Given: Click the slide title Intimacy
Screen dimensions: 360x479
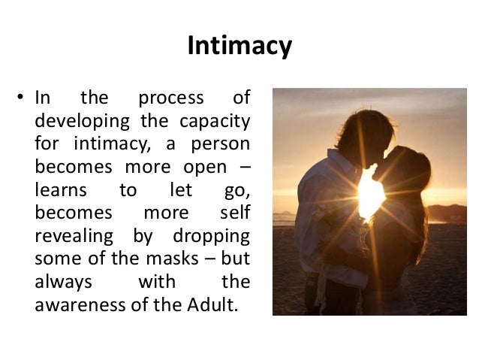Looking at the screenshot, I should (x=239, y=47).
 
